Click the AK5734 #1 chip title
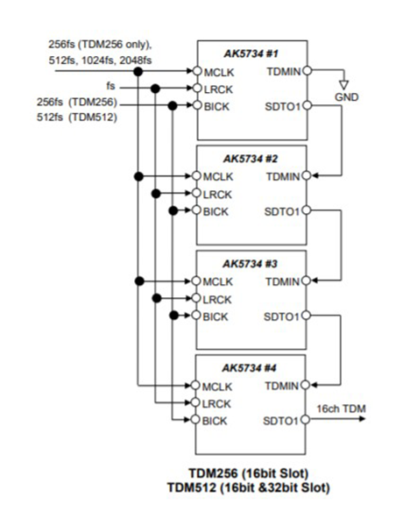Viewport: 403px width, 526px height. (251, 53)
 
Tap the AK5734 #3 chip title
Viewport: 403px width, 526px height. (250, 264)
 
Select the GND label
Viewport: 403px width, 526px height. (346, 97)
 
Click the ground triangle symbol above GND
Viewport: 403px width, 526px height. (344, 84)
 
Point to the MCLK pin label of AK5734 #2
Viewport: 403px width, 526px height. (218, 177)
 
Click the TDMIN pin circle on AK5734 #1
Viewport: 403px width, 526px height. (308, 71)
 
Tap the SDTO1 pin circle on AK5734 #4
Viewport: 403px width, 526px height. (305, 419)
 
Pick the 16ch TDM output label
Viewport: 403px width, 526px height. (341, 409)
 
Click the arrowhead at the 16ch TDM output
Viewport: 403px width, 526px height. (362, 419)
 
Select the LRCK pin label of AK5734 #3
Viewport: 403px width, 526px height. (217, 299)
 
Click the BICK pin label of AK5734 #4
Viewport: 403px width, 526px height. (215, 421)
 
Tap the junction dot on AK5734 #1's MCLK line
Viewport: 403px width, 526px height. (138, 71)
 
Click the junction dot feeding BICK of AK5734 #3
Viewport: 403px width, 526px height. (173, 316)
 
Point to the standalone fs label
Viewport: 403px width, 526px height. (110, 86)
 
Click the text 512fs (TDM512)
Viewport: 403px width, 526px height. (77, 117)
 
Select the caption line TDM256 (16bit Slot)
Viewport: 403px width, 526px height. (249, 473)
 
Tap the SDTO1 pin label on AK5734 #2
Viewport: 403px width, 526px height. (281, 211)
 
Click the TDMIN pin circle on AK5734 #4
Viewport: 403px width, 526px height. (305, 385)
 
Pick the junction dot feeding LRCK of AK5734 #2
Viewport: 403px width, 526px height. (156, 194)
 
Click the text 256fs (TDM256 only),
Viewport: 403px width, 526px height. (99, 45)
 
